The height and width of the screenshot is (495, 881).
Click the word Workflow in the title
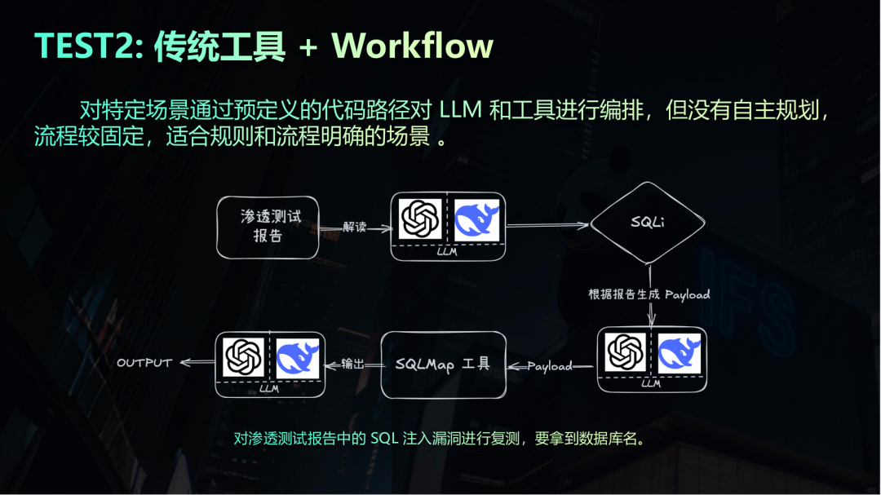tap(413, 46)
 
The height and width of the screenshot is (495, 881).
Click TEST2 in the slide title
tap(89, 46)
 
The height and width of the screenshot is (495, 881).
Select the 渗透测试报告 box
tap(268, 227)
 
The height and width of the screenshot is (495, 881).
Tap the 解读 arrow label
tap(355, 227)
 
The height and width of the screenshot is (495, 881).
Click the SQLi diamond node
tap(648, 223)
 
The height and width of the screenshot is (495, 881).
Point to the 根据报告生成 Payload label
tap(649, 294)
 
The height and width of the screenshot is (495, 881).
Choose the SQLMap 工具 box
tap(443, 365)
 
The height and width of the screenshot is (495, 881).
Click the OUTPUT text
tap(144, 363)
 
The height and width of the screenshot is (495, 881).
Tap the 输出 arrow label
tap(353, 364)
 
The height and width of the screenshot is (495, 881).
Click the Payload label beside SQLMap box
tap(550, 366)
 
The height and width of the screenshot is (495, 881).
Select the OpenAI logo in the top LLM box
tap(420, 219)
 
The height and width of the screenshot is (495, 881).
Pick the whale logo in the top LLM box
tap(476, 219)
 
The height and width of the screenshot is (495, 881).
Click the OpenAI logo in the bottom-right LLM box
tap(626, 352)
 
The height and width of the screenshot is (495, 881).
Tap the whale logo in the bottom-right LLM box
tap(680, 353)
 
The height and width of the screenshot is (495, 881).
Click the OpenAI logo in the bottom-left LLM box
tap(243, 357)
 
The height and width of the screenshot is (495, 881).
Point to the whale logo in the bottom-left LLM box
tap(298, 358)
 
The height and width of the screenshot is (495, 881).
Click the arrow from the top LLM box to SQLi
tap(548, 225)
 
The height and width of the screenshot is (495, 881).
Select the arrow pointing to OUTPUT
tap(197, 362)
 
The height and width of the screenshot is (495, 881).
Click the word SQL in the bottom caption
tap(384, 438)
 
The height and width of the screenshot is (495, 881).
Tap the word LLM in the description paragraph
tap(460, 110)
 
